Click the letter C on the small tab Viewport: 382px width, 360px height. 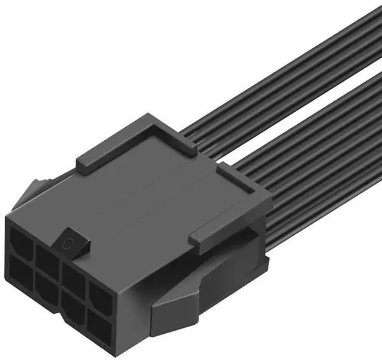point(70,242)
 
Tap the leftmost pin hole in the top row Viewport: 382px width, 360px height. point(21,244)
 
